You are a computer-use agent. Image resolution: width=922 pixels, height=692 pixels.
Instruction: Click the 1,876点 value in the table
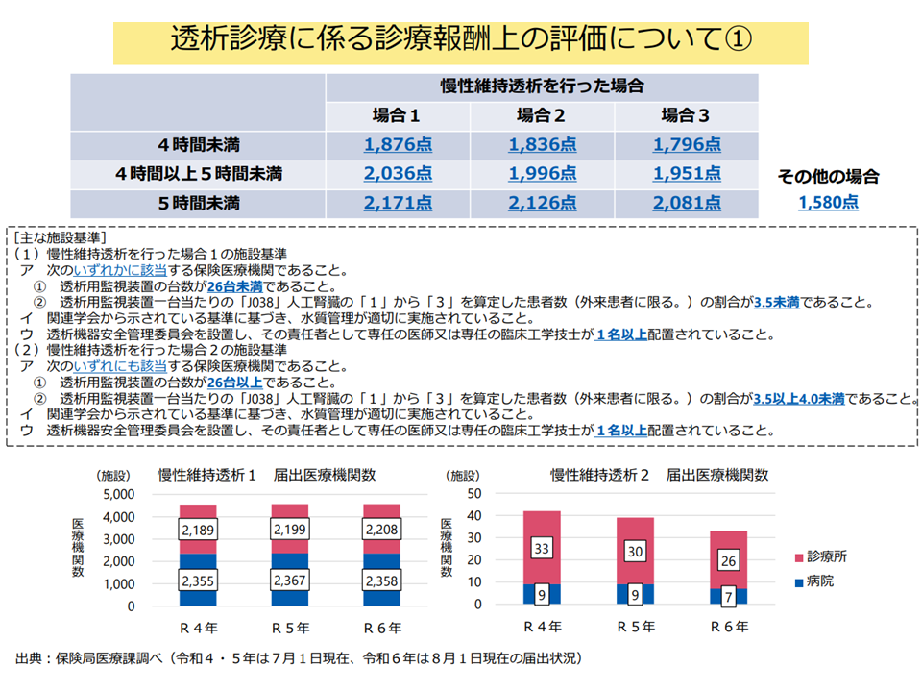[x=398, y=145]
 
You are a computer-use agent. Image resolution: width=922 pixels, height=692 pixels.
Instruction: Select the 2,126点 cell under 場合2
[x=542, y=203]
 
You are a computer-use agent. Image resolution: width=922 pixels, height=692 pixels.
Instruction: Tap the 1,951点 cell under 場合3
[x=686, y=174]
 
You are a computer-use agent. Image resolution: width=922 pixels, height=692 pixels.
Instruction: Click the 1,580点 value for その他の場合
[x=828, y=202]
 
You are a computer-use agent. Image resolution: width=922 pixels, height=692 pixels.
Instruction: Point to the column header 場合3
[x=686, y=116]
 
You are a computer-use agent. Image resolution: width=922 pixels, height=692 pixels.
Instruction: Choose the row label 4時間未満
[x=199, y=145]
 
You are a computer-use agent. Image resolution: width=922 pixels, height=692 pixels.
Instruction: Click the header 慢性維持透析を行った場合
[x=542, y=86]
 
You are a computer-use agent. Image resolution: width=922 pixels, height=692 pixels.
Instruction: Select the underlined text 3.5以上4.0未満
[x=799, y=399]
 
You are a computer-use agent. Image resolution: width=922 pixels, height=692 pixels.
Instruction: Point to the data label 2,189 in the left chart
[x=197, y=530]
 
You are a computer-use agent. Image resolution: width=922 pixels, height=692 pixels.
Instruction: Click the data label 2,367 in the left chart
[x=289, y=581]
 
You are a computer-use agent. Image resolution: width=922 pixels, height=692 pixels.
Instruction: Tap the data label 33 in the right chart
[x=542, y=549]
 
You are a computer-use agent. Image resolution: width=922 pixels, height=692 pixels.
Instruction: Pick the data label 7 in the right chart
[x=729, y=595]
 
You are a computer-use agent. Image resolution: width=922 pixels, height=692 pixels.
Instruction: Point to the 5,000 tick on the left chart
[x=121, y=494]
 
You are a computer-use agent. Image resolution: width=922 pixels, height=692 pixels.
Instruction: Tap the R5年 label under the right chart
[x=635, y=626]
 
